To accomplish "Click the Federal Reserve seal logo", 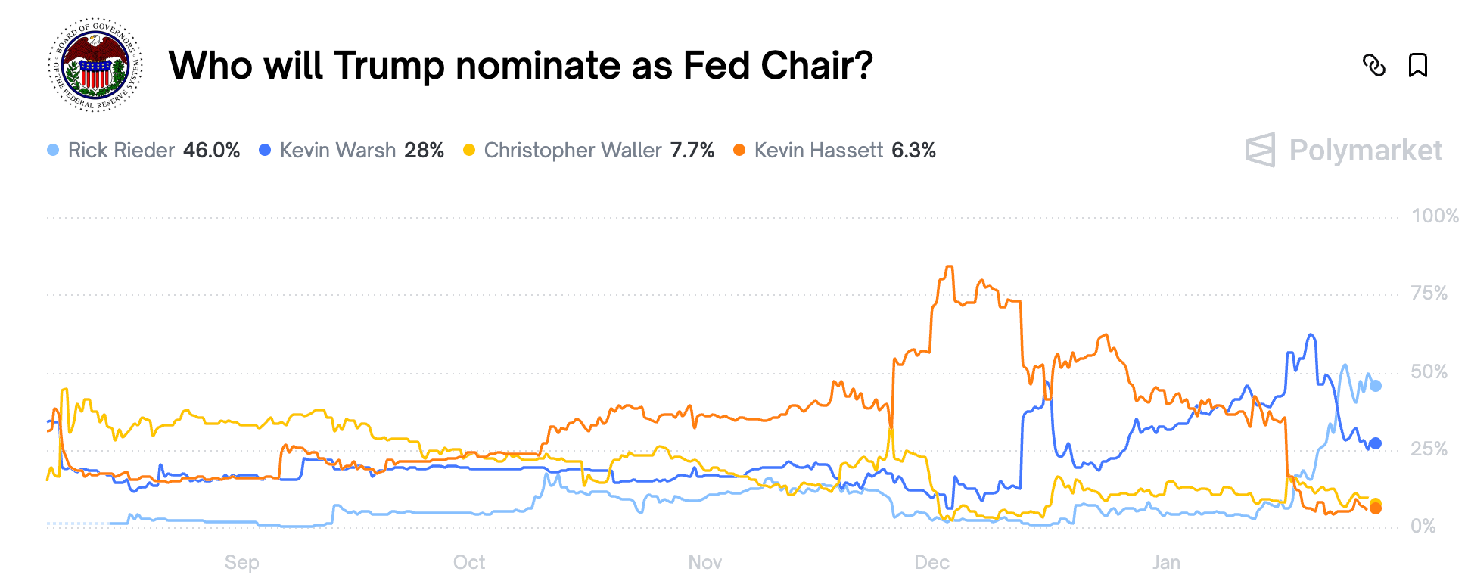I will pos(95,65).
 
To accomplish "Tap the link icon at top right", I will pos(1373,66).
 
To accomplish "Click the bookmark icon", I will pos(1417,66).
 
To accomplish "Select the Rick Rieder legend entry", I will pos(121,151).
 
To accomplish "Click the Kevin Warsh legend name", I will pos(337,151).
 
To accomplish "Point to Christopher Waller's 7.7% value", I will pos(692,151).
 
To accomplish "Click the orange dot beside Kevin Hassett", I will pos(739,151).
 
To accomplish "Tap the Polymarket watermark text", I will pos(1365,151).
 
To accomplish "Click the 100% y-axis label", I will pos(1434,216).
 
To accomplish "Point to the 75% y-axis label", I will pos(1429,294).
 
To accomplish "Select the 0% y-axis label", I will pos(1423,527).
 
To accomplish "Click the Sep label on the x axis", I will pos(241,563).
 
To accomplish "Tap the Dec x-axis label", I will pos(931,563).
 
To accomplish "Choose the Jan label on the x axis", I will pos(1166,563).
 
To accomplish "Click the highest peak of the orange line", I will pos(949,267).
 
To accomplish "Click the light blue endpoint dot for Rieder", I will pos(1376,386).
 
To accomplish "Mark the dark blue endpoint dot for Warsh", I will pos(1376,443).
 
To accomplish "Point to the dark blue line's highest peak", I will pos(1311,335).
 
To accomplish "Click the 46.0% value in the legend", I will pos(211,151).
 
